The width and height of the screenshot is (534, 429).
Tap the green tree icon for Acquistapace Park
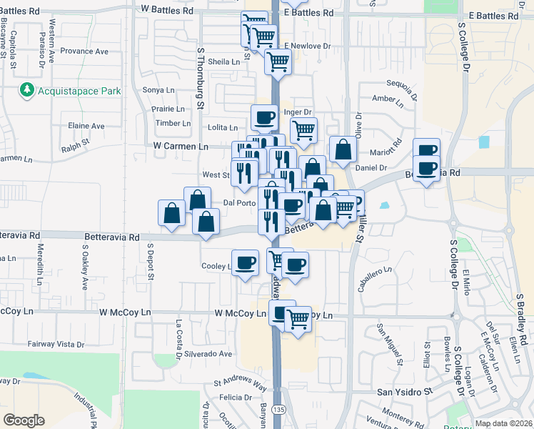[x=27, y=90]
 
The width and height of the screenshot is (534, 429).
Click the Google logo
[x=24, y=420]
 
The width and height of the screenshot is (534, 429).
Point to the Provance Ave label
[x=84, y=51]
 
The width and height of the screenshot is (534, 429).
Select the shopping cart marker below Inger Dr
[x=303, y=130]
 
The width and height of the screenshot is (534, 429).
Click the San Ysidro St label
[x=405, y=392]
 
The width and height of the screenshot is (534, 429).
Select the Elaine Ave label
[x=86, y=126]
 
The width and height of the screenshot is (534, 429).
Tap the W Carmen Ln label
[x=181, y=146]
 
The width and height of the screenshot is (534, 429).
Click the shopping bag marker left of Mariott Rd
[x=343, y=149]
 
